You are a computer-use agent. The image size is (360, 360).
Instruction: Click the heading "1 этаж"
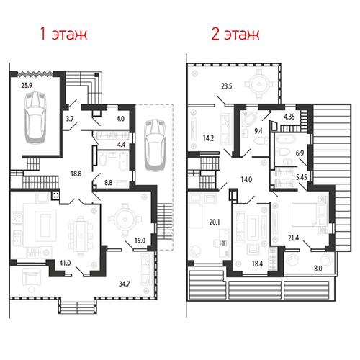[x=63, y=34]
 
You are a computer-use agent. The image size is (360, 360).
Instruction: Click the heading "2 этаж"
[x=235, y=34]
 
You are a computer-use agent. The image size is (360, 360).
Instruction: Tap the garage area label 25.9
[x=27, y=85]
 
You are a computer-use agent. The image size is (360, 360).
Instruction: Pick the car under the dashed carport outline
[x=155, y=145]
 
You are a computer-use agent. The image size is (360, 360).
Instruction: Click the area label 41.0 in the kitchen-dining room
[x=65, y=263]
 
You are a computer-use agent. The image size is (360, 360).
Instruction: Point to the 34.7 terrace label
[x=125, y=284]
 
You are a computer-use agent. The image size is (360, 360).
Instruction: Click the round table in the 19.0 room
[x=125, y=220]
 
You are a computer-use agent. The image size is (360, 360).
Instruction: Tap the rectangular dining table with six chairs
[x=81, y=236]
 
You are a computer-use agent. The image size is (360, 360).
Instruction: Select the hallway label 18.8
[x=76, y=174]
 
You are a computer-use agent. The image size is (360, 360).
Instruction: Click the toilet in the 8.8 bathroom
[x=103, y=159]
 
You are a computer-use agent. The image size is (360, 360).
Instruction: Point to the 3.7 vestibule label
[x=70, y=119]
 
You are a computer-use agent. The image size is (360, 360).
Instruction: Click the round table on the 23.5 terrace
[x=259, y=84]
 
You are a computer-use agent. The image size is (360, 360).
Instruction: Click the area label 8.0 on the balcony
[x=318, y=269]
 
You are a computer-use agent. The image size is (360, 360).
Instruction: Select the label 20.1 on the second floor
[x=215, y=222]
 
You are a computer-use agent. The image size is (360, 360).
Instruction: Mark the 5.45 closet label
[x=302, y=177]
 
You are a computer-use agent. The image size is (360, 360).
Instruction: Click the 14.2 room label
[x=208, y=138]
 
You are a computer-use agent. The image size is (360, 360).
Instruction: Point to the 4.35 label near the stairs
[x=289, y=117]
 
